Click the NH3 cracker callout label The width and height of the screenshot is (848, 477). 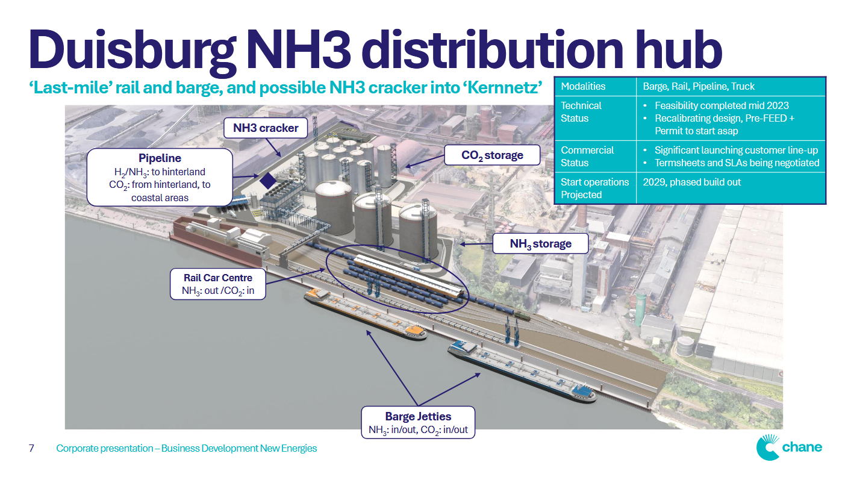266,128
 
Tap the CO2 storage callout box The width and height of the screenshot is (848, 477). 492,155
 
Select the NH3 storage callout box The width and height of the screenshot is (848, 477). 540,244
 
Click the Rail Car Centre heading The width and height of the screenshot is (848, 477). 218,278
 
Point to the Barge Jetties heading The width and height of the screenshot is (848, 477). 418,416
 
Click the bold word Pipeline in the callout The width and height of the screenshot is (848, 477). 160,158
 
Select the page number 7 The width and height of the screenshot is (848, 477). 31,448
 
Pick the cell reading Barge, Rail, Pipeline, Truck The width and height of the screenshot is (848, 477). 699,86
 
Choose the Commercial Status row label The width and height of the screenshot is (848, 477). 587,157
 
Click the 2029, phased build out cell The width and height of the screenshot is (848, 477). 692,182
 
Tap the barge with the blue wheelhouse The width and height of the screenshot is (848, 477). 522,371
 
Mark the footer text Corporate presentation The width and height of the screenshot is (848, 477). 105,448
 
